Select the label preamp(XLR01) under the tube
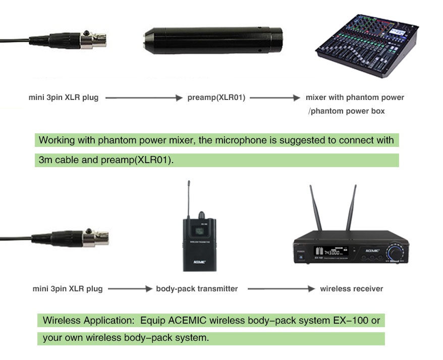click(x=216, y=97)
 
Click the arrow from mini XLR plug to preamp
click(x=143, y=98)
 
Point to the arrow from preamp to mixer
click(x=272, y=98)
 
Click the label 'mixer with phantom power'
click(x=355, y=97)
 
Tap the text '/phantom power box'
click(x=346, y=111)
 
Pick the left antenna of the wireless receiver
click(x=314, y=210)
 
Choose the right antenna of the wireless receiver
click(x=352, y=210)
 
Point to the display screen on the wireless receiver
click(x=328, y=252)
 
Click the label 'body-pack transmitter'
click(x=197, y=289)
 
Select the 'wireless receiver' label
click(x=351, y=289)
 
